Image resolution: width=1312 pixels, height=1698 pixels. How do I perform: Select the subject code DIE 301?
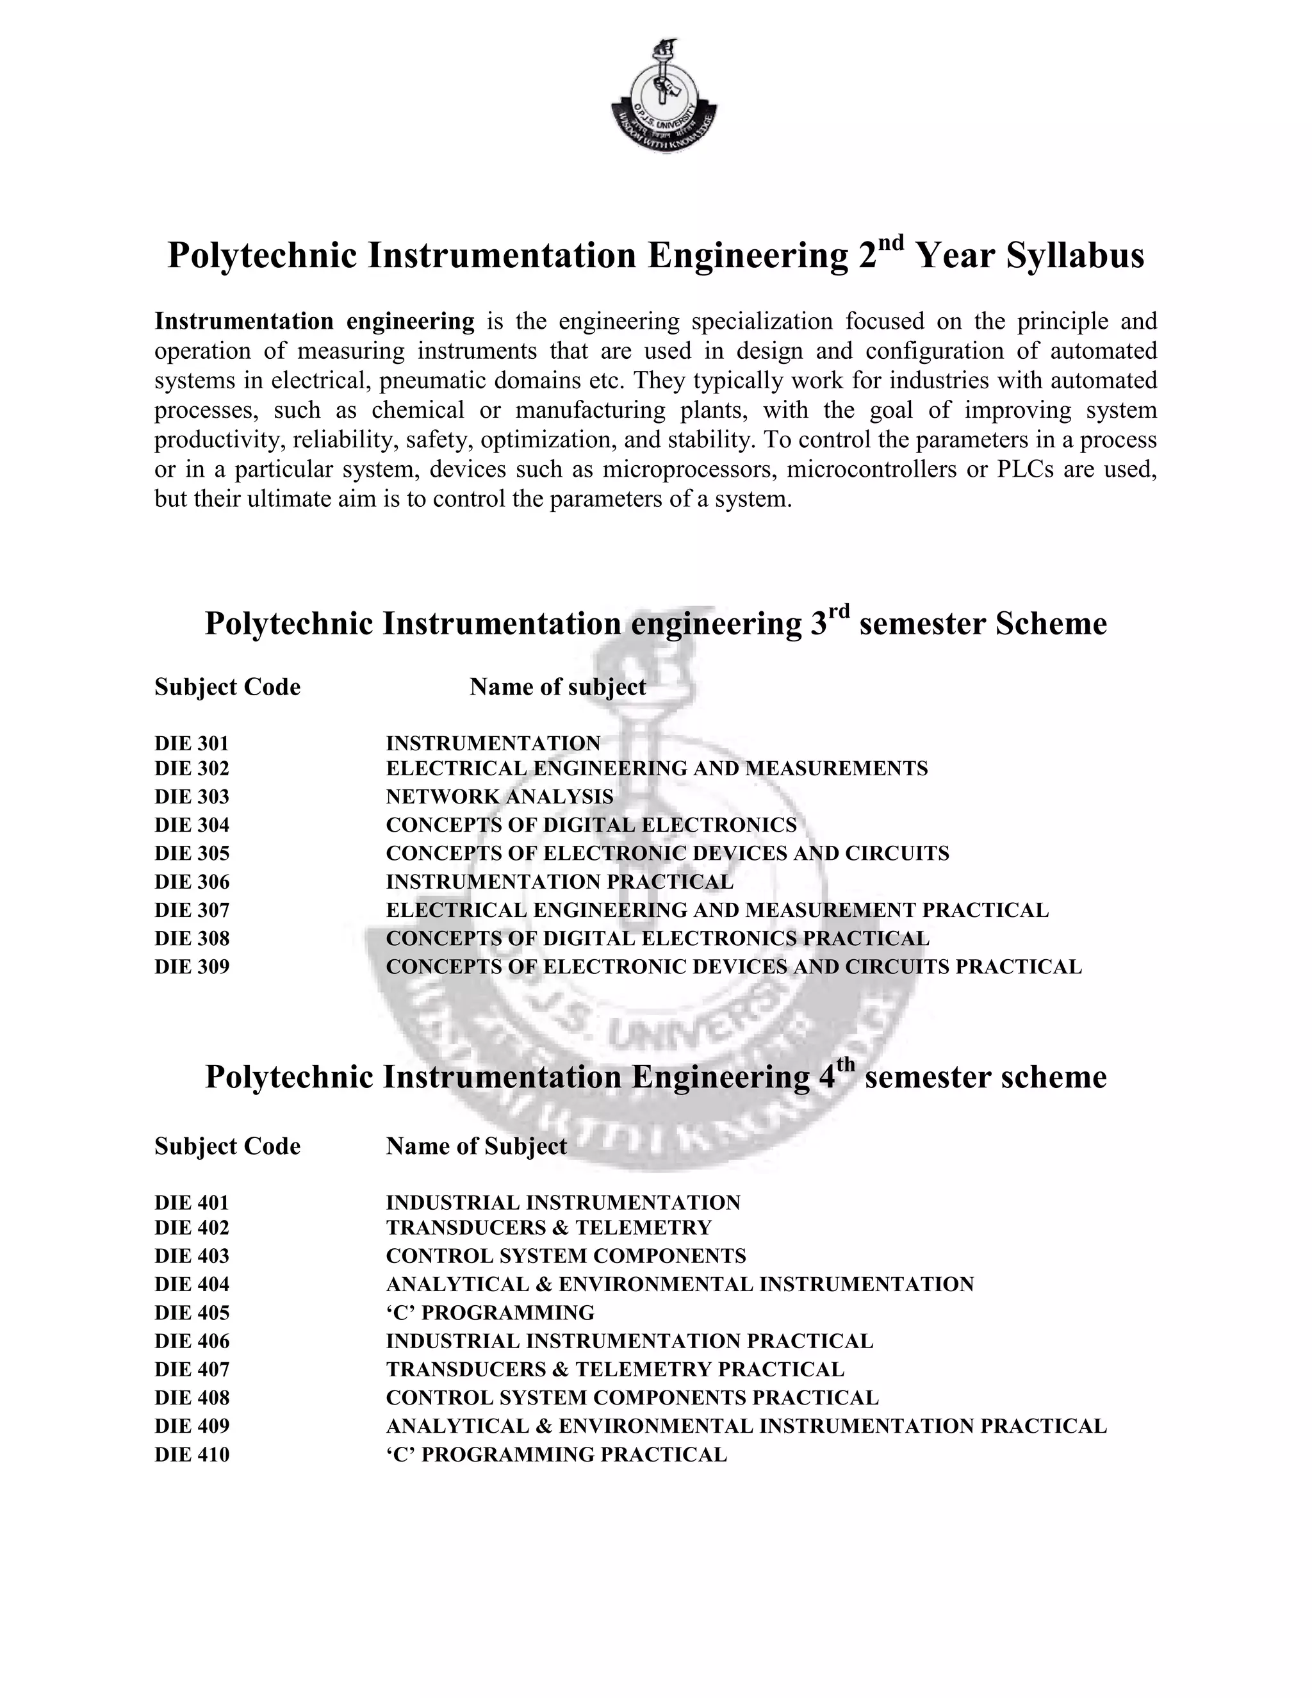(x=192, y=743)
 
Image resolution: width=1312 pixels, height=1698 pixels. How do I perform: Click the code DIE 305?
(x=192, y=853)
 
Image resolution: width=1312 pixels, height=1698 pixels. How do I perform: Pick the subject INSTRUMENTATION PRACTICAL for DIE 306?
(x=559, y=882)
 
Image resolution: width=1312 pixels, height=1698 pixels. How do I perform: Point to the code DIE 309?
(x=192, y=966)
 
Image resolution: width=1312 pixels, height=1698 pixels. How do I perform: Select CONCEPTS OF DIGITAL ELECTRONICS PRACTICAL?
(x=657, y=939)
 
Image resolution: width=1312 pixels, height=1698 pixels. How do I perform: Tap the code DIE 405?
(x=192, y=1312)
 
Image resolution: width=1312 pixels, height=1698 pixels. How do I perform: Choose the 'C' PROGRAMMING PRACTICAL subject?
(x=555, y=1454)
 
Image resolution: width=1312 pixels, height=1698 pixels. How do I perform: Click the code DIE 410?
(x=192, y=1454)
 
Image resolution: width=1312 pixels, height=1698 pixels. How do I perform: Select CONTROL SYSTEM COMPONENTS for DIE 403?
(x=565, y=1256)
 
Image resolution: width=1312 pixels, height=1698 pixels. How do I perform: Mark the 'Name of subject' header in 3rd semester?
(x=557, y=688)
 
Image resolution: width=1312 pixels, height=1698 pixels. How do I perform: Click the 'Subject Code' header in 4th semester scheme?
(x=227, y=1146)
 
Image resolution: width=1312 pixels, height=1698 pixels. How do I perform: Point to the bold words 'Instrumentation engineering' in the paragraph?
(x=314, y=321)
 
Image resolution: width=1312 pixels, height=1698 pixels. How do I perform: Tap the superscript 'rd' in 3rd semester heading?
(x=839, y=611)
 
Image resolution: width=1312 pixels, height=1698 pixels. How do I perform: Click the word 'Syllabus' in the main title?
(x=1075, y=256)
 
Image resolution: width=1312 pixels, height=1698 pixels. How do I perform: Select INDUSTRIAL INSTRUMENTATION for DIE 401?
(x=562, y=1203)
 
